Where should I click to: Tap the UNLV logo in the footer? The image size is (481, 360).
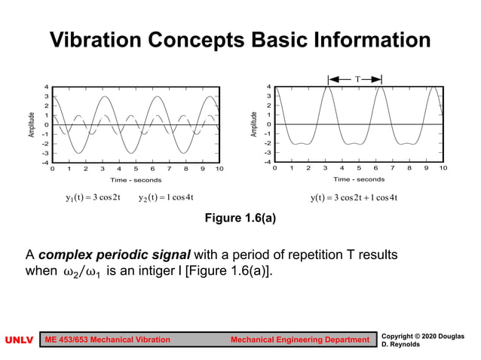pos(20,340)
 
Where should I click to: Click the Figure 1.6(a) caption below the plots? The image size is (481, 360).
pos(240,219)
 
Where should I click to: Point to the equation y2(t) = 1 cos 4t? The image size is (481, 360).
pos(166,198)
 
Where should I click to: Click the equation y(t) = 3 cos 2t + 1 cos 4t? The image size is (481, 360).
pos(354,198)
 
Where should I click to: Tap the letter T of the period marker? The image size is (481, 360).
pos(355,78)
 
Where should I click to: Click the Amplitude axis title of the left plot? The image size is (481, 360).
pos(32,124)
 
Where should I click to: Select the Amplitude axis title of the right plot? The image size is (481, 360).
pos(255,124)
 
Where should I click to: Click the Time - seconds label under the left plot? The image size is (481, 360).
pos(136,180)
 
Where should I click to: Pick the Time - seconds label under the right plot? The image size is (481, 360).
pos(359,179)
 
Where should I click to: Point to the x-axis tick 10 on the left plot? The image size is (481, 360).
pos(219,169)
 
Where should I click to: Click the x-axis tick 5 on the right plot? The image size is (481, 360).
pos(359,169)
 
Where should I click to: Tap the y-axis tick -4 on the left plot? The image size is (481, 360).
pos(44,162)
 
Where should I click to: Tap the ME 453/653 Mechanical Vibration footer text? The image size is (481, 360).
pos(107,340)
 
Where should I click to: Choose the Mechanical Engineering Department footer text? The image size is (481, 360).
pos(299,340)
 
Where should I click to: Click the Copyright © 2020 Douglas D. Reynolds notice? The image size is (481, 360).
pos(424,340)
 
